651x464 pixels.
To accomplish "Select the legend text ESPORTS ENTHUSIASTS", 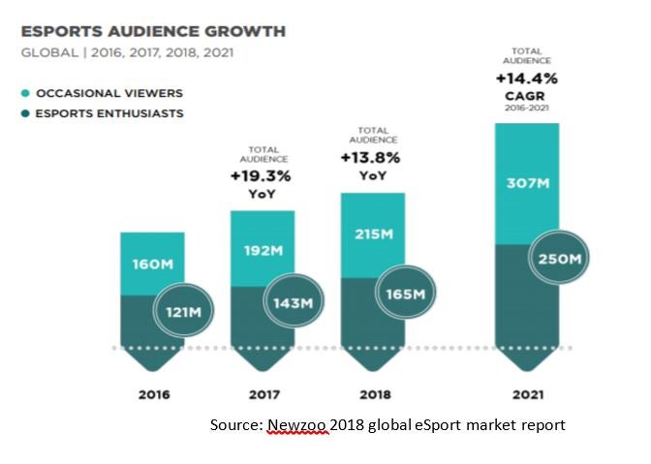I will point(108,113).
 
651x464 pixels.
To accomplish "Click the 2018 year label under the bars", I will point(373,394).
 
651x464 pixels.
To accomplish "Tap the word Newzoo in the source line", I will point(296,425).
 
